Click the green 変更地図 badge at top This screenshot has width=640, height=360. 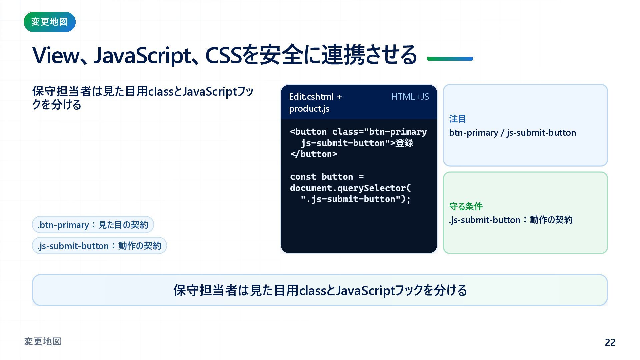tap(50, 22)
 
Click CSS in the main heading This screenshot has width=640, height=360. tap(223, 55)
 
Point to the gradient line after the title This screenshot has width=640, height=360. tap(450, 59)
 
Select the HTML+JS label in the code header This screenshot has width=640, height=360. tap(410, 97)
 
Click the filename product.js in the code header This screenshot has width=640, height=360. tap(309, 109)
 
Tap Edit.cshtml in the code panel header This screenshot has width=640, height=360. tap(311, 97)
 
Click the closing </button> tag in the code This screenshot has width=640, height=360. tap(314, 154)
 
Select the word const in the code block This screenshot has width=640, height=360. tap(303, 177)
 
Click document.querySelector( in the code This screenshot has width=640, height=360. tap(351, 188)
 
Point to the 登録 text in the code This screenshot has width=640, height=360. tap(404, 143)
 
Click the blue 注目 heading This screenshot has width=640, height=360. tap(458, 119)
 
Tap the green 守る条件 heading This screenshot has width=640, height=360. tap(466, 206)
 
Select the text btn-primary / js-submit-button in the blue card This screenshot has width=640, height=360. tap(512, 133)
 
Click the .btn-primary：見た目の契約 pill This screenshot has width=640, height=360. tap(93, 225)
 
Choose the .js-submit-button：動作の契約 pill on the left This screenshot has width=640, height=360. tap(99, 246)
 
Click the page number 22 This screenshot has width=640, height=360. tap(610, 342)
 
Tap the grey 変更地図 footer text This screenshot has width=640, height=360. tap(43, 341)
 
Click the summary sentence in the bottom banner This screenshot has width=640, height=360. tap(320, 290)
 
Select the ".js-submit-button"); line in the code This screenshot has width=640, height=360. tap(356, 199)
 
